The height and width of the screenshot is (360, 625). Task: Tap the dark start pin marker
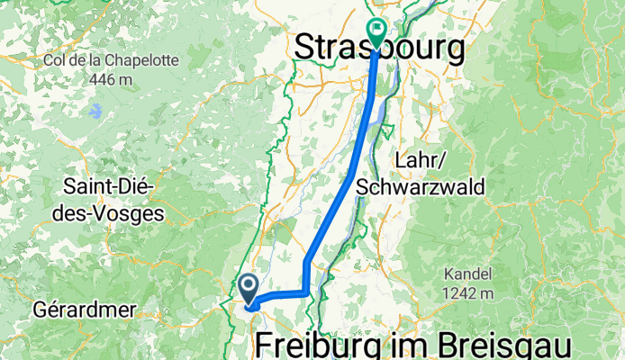coord(250,290)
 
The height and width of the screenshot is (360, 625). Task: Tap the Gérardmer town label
coord(84,310)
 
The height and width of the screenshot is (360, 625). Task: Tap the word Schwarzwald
coord(421,187)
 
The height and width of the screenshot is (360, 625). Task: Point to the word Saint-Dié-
coord(108,187)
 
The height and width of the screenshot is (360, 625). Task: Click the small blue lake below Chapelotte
coord(95,112)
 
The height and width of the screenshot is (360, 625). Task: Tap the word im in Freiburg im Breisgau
coord(417,345)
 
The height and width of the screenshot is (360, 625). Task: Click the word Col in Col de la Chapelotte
coord(54,61)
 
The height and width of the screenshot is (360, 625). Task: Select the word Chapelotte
coord(137,61)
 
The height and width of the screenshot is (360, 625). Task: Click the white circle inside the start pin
coord(250,287)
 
